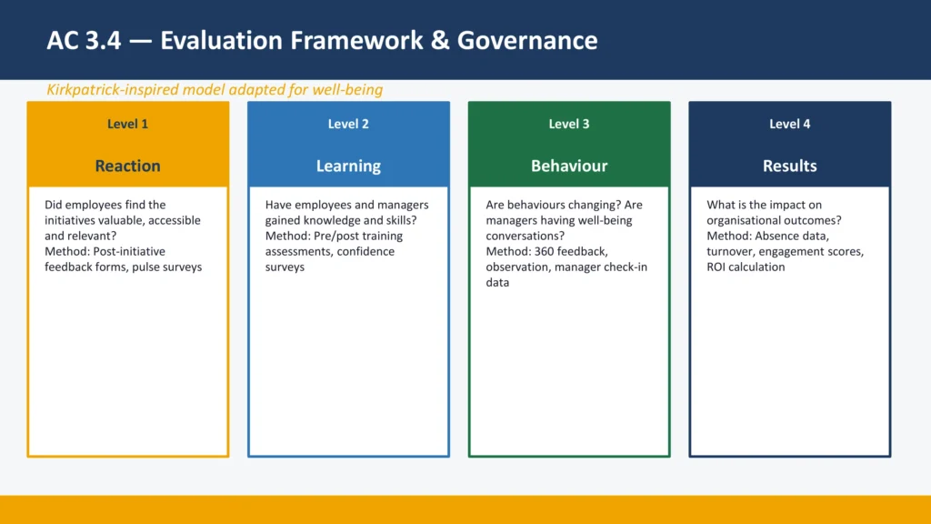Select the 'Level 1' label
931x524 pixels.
[x=127, y=124]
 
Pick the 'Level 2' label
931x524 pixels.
[x=348, y=124]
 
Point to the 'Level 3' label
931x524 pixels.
[x=569, y=124]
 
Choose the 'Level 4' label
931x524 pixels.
[x=789, y=124]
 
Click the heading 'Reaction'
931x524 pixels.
[x=127, y=166]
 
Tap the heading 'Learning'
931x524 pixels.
[x=348, y=166]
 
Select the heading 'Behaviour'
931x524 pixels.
[x=569, y=166]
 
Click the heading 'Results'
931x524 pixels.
[x=789, y=166]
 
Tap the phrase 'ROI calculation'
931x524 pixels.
[x=746, y=267]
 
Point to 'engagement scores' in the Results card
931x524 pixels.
[x=816, y=251]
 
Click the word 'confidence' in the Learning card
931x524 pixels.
[x=365, y=251]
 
